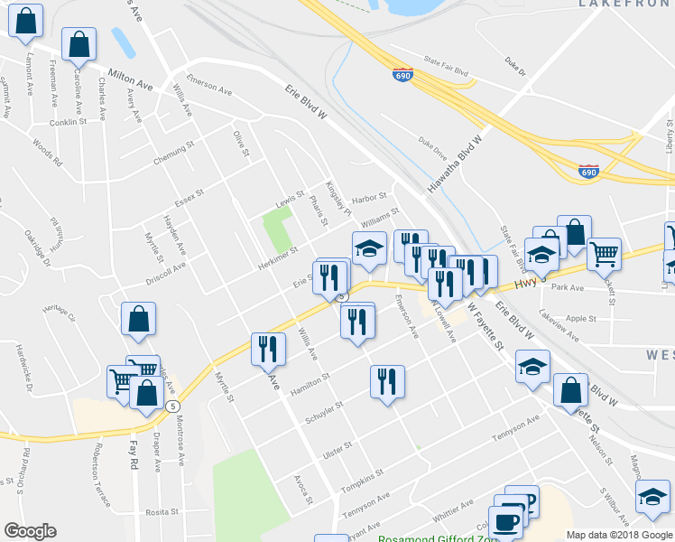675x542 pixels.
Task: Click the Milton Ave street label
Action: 130,79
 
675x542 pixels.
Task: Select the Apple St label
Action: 581,319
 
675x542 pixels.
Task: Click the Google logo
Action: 30,531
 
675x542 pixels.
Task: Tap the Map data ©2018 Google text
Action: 618,535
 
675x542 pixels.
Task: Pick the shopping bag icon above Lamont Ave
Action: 26,21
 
